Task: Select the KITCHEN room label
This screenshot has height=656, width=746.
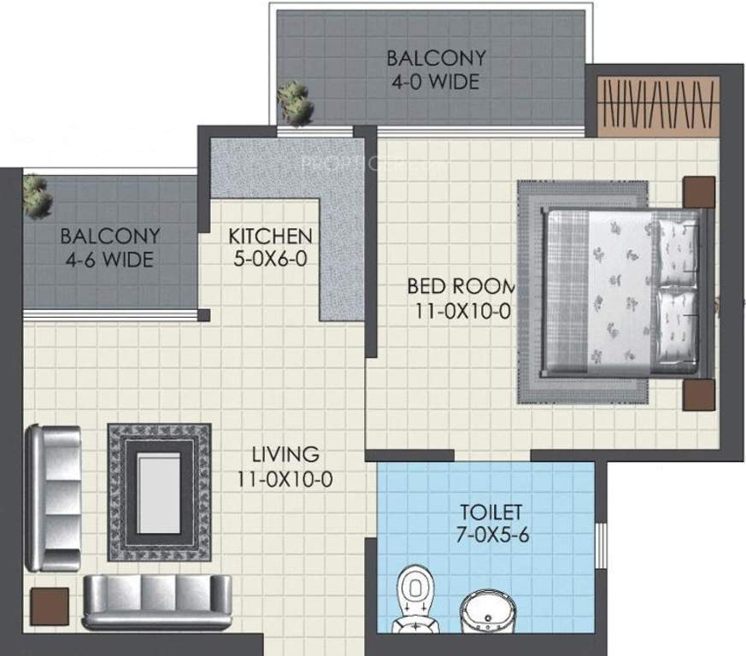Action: coord(270,235)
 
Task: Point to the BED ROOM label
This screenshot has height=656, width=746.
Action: coord(461,285)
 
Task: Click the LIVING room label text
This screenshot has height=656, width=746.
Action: coord(285,454)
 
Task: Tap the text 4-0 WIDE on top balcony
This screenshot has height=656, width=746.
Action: coord(437,83)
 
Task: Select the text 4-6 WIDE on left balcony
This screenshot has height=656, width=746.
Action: coord(109,258)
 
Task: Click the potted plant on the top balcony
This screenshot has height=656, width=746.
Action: coord(296,103)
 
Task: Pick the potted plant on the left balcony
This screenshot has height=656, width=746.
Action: coord(37,196)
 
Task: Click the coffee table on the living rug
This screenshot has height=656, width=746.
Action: coord(159,492)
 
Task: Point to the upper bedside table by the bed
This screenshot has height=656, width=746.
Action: coord(698,191)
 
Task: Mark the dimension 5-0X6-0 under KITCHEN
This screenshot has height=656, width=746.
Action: coord(270,257)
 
